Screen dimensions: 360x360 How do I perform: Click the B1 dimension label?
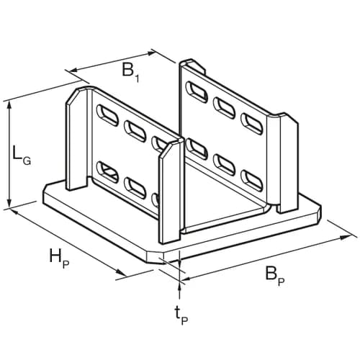130,72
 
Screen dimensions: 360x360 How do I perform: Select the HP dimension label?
59,258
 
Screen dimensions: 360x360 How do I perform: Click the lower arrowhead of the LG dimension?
9,203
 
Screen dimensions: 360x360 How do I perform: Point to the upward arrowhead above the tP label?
179,287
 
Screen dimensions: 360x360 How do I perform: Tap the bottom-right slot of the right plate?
251,180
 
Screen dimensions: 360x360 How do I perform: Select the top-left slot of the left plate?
107,115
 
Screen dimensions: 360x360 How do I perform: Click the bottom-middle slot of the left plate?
135,187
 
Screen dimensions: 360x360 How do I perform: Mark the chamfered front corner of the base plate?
156,257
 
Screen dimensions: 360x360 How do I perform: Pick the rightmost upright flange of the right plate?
288,163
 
